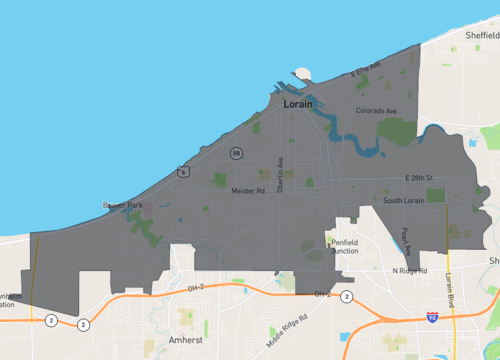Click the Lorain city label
(299, 103)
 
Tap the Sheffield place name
(481, 34)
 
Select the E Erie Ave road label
(365, 71)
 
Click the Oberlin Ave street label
(281, 175)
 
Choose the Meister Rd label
(247, 190)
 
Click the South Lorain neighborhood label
(406, 201)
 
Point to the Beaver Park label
(123, 205)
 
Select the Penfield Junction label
(352, 246)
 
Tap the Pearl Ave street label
(405, 240)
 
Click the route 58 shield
(236, 153)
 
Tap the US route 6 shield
(183, 172)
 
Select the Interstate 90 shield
(431, 316)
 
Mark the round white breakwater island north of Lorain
(303, 72)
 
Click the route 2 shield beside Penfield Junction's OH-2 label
(346, 296)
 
